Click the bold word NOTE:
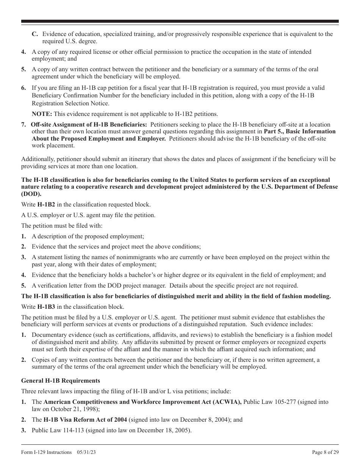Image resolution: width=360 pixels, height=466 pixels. point(42,114)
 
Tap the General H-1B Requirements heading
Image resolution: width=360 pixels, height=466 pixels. point(61,381)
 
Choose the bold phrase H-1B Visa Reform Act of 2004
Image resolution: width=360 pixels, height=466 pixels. point(85,420)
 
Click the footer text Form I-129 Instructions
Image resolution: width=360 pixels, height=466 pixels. point(46,452)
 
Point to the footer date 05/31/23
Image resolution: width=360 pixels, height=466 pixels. point(86,452)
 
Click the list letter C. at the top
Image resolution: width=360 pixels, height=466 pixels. point(35,34)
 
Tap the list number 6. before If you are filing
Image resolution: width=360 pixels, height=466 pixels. point(23,88)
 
